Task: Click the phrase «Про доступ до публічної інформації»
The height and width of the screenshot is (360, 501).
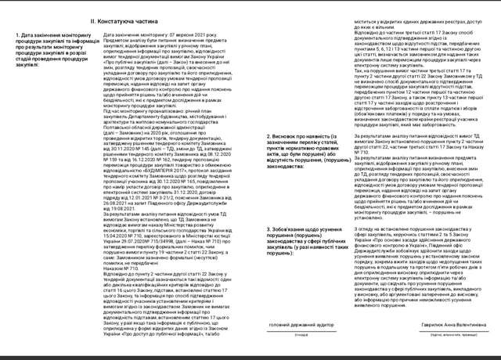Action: click(x=164, y=337)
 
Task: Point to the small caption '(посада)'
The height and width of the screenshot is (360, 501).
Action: click(x=301, y=334)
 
